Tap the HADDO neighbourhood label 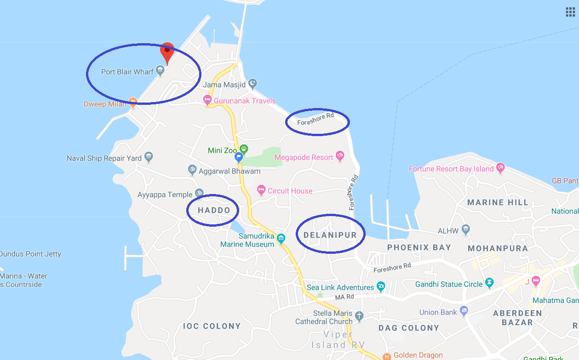pos(214,210)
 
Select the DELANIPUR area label pos(330,235)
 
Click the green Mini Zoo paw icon pos(243,149)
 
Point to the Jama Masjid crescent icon pos(252,84)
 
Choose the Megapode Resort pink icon pos(340,156)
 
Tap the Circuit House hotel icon pos(261,190)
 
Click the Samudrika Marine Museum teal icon pos(281,238)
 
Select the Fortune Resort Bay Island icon pos(500,168)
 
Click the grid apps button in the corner pos(570,12)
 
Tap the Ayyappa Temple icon pos(199,193)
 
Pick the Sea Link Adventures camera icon pos(381,287)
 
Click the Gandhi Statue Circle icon pos(489,283)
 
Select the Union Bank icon pos(464,312)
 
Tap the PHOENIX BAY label pos(419,247)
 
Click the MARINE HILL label pos(498,202)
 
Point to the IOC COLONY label pos(212,326)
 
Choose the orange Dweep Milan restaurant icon pos(133,101)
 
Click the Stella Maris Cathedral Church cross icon pos(359,316)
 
